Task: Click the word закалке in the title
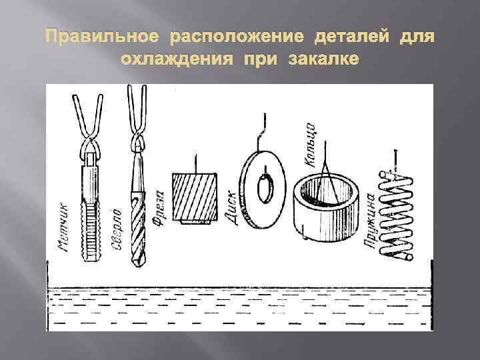[324, 60]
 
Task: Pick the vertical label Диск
[234, 207]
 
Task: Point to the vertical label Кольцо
[309, 143]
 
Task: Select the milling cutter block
[195, 199]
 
